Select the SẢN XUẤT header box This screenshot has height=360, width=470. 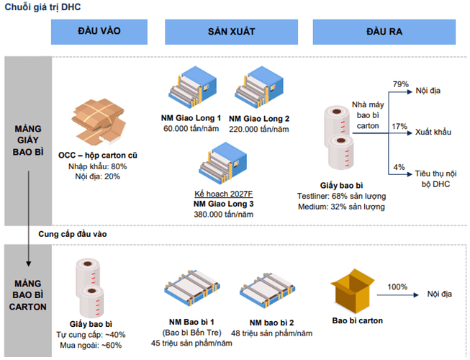pos(231,33)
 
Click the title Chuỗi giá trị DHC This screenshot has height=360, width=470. pos(40,7)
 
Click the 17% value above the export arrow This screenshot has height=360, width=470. pos(399,126)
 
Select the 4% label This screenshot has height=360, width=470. pos(399,168)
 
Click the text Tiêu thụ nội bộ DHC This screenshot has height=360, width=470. pos(438,179)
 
